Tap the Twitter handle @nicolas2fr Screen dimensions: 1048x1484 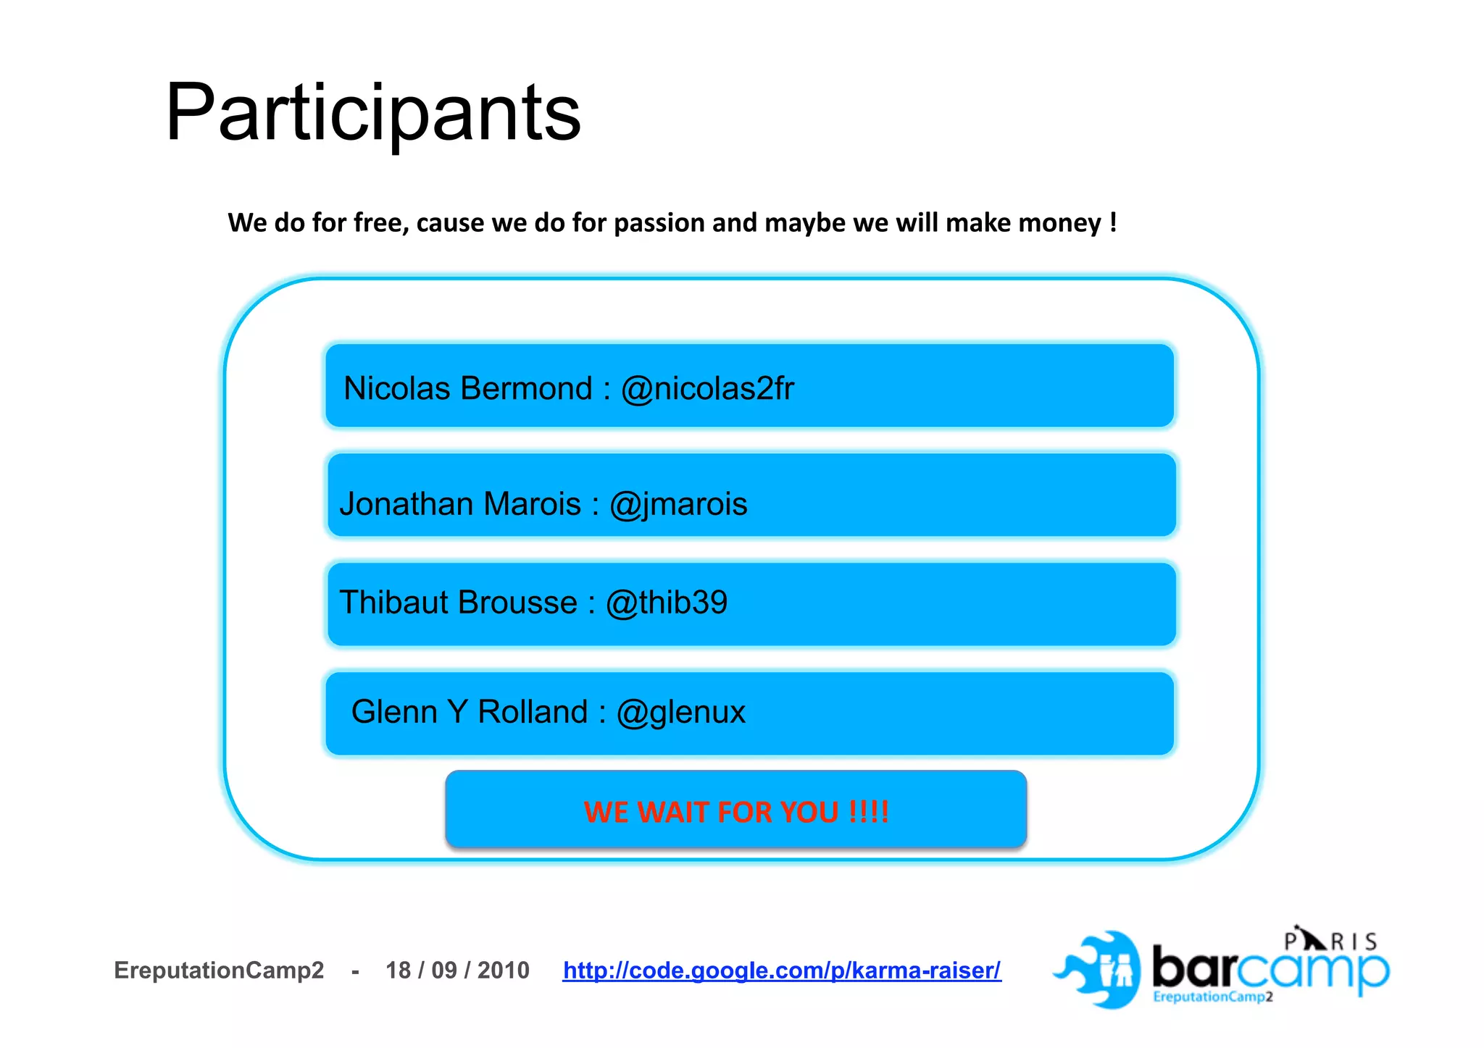pyautogui.click(x=707, y=388)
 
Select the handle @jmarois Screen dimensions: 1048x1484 pyautogui.click(x=678, y=504)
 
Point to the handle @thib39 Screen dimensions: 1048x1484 pyautogui.click(x=667, y=603)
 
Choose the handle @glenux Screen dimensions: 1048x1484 pyautogui.click(x=680, y=712)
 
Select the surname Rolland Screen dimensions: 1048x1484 pyautogui.click(x=533, y=712)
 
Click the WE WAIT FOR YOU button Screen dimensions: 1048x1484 pyautogui.click(x=735, y=810)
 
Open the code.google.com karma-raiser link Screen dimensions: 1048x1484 pyautogui.click(x=782, y=971)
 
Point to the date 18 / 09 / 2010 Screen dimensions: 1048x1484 pyautogui.click(x=457, y=971)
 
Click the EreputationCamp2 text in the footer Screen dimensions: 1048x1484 pyautogui.click(x=219, y=971)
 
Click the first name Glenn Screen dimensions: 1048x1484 pyautogui.click(x=394, y=712)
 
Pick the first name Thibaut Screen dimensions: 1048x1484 pyautogui.click(x=396, y=603)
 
